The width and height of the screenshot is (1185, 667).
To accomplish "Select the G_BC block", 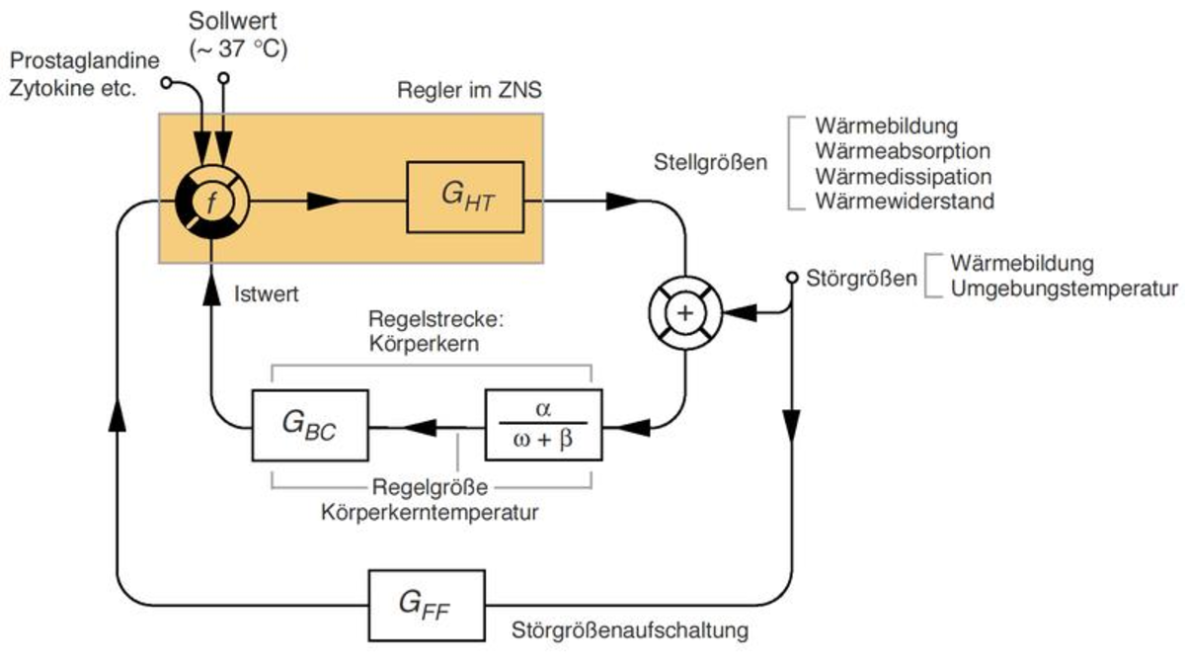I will (310, 425).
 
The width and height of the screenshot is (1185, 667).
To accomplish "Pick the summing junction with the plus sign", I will (684, 312).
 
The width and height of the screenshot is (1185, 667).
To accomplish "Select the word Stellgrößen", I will (710, 163).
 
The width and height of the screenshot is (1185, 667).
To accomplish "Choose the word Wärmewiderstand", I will (905, 202).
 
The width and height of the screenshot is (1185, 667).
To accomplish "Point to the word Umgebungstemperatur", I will (1065, 290).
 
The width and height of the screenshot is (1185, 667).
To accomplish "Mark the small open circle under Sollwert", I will (223, 78).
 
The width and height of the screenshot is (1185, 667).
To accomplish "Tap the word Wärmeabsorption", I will (903, 151).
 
